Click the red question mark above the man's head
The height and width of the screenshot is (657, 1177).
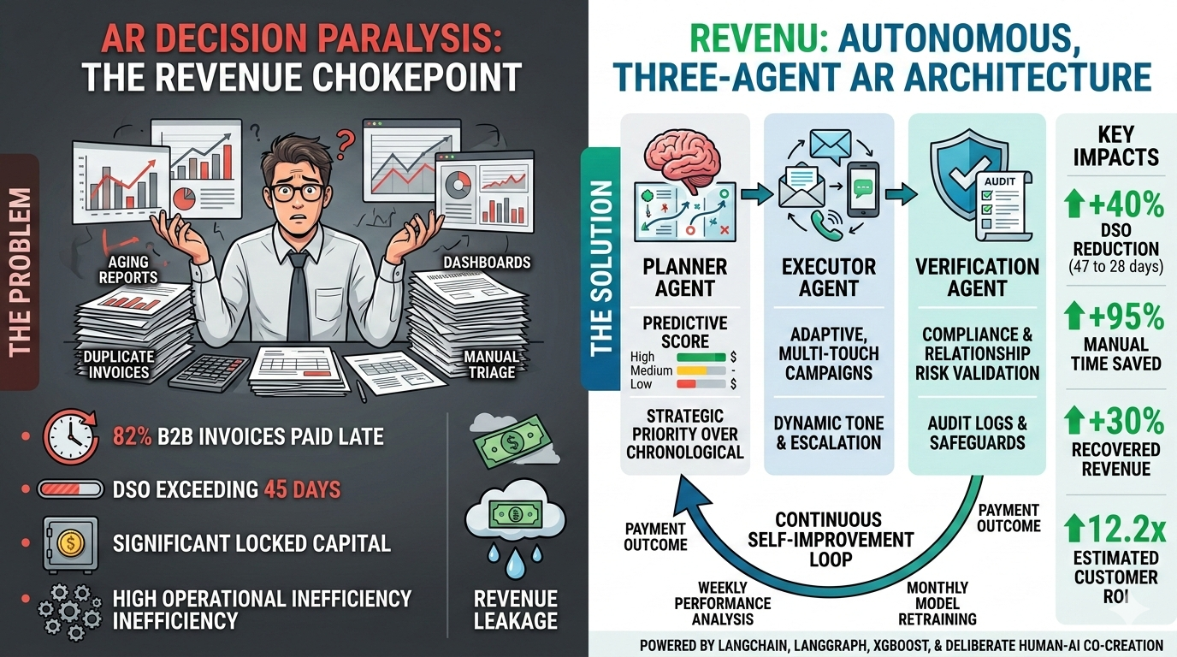345,140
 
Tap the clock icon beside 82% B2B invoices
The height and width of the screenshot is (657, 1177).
70,437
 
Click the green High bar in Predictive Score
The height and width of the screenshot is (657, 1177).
701,357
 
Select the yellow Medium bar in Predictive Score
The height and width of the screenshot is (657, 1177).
701,371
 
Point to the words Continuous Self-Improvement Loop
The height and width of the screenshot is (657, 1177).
829,539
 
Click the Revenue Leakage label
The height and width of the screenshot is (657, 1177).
516,609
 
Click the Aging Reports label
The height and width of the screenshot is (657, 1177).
128,269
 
